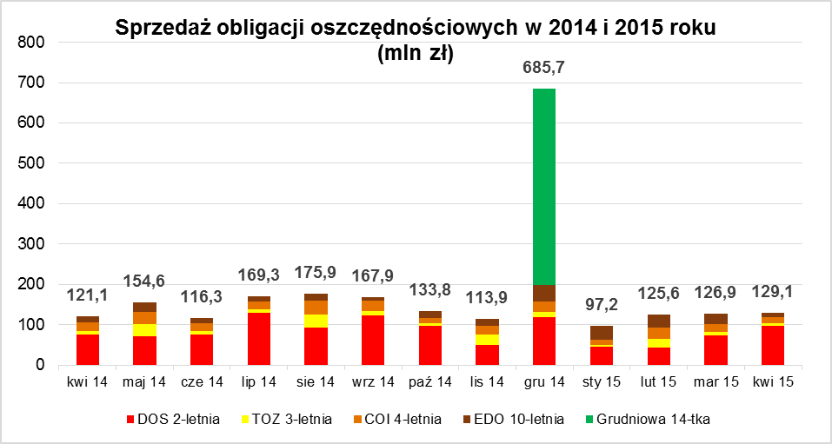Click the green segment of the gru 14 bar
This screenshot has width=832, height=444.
(544, 187)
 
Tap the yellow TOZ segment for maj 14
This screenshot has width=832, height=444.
(144, 330)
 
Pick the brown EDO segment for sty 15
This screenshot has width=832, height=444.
(602, 333)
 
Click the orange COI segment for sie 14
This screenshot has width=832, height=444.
(316, 308)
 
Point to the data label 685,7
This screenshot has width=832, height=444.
(544, 67)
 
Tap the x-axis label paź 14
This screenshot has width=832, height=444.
(430, 381)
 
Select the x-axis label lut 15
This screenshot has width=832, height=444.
(659, 381)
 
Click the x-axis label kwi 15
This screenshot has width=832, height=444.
(773, 381)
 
